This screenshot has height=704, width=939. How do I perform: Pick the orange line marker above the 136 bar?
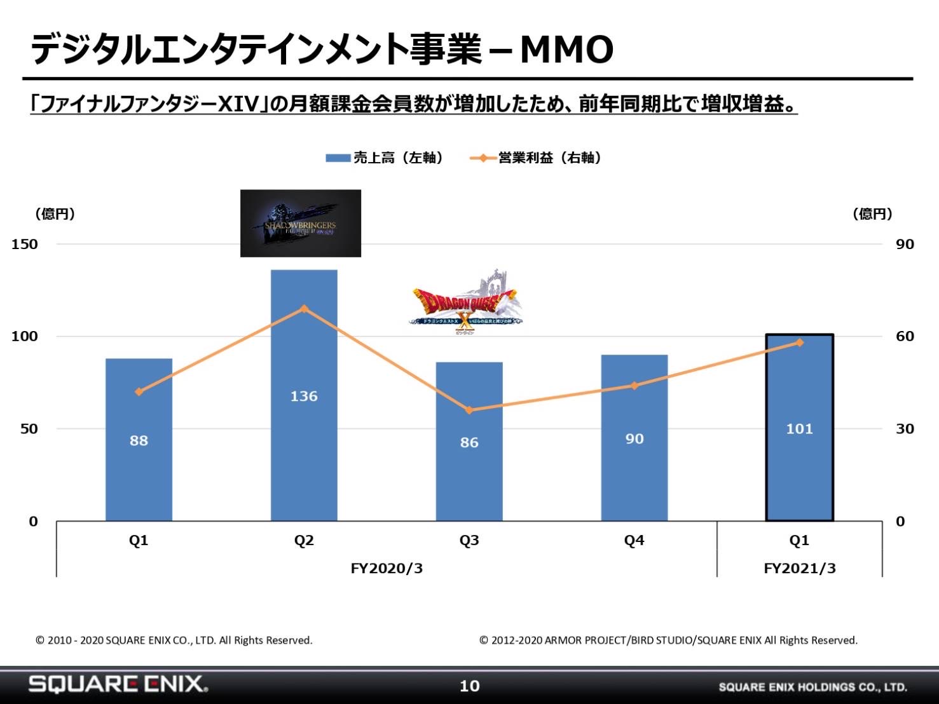[304, 309]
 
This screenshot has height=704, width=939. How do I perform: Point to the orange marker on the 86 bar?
[469, 410]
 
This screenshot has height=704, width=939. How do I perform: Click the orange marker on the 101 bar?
[799, 342]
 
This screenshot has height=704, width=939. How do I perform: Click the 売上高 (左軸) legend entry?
[384, 158]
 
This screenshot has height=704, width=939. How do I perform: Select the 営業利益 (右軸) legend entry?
[535, 158]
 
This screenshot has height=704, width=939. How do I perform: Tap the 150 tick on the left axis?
[25, 244]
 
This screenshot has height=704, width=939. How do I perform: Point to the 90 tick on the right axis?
[904, 244]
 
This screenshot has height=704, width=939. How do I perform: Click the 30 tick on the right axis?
[904, 429]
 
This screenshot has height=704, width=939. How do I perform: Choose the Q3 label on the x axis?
[469, 540]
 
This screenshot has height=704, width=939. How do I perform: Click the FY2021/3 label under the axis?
[799, 568]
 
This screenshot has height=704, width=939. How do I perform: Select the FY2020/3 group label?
[387, 568]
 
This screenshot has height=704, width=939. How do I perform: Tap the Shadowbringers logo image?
[301, 223]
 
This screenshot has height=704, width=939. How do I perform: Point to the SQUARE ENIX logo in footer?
[118, 684]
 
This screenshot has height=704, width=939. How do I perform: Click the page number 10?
[469, 686]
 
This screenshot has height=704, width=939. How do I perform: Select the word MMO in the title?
[566, 50]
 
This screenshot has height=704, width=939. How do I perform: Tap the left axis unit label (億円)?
[55, 214]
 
